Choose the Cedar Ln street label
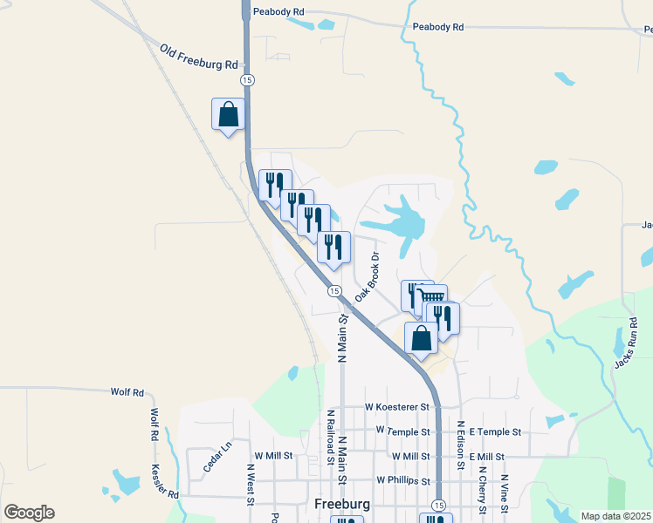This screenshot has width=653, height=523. [x=217, y=457]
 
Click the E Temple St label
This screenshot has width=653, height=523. [x=495, y=431]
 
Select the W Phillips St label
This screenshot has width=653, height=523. [x=403, y=480]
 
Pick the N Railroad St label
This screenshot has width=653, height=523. [x=331, y=436]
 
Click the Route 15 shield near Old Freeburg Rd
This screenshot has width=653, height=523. [x=248, y=80]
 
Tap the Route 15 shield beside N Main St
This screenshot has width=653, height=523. [x=334, y=291]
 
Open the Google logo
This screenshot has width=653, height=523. [x=29, y=513]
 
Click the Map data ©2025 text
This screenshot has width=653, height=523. [x=616, y=516]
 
